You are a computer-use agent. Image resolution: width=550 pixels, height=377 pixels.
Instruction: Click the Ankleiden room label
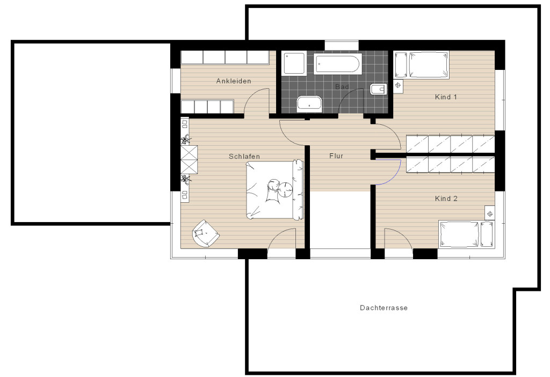point(234,81)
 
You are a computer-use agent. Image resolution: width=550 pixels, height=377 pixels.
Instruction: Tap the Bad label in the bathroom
point(342,87)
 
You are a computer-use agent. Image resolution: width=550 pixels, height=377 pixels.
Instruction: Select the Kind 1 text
point(446,97)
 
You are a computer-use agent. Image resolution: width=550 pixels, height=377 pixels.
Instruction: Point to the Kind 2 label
point(446,198)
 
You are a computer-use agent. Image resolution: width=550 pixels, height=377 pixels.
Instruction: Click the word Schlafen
point(244,157)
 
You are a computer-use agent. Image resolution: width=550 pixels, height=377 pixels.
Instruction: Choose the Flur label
point(336,155)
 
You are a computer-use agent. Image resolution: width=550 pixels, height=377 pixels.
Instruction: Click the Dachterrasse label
point(383,308)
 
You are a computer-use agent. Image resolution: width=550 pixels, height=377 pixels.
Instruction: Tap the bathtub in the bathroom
point(338,64)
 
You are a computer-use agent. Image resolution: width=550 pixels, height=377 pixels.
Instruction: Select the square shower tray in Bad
point(294,63)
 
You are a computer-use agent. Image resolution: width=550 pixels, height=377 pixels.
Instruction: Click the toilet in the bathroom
point(379,90)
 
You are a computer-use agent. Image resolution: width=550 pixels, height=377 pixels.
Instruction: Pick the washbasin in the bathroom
point(309,104)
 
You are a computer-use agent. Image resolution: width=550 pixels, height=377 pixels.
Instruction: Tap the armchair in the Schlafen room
point(206,233)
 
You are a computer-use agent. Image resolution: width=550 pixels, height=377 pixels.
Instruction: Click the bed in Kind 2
point(467,234)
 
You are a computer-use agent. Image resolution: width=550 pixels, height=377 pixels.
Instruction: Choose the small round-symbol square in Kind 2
point(490,214)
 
